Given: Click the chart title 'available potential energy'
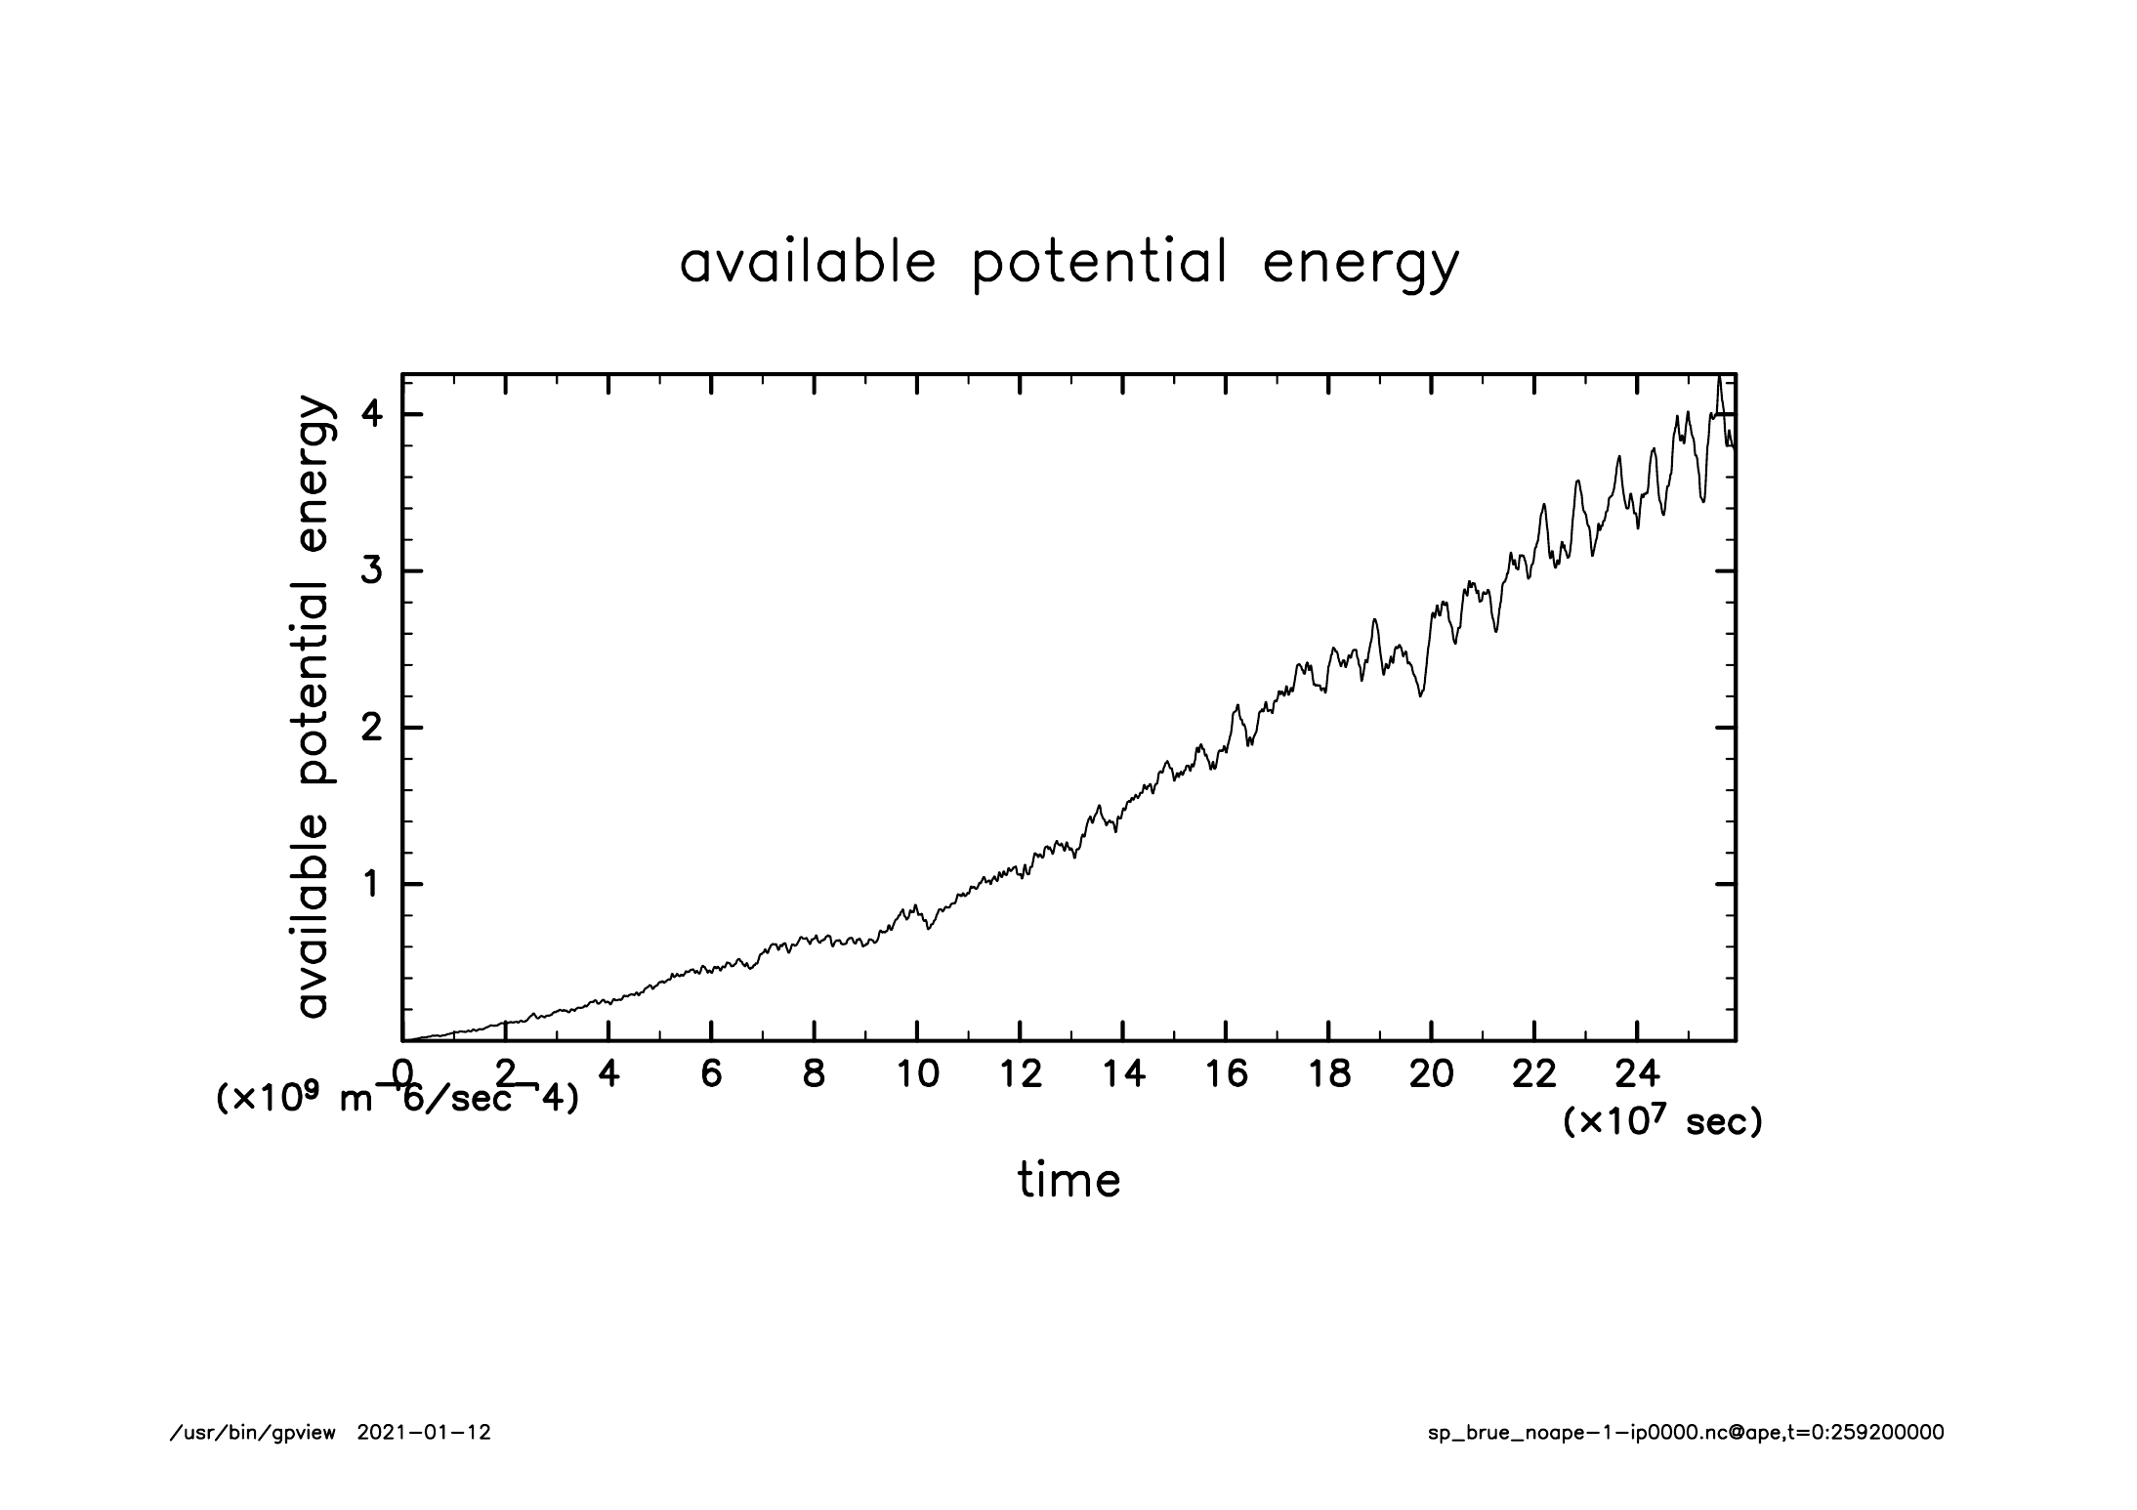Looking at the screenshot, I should (x=1068, y=264).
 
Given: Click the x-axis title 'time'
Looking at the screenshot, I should (x=1068, y=1180).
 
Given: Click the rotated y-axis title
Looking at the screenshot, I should (x=314, y=707).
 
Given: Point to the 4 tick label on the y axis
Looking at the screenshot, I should (x=370, y=414).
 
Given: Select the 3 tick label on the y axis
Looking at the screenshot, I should (x=370, y=570).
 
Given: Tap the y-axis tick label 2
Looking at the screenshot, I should (x=370, y=728).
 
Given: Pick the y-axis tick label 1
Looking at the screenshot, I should (x=370, y=884).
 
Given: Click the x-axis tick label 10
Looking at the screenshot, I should (x=917, y=1074).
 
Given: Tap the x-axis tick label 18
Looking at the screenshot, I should (x=1328, y=1074).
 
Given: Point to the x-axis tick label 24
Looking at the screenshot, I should (x=1637, y=1074).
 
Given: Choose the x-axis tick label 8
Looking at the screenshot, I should (x=814, y=1074).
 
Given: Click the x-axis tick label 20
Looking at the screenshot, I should (x=1431, y=1074).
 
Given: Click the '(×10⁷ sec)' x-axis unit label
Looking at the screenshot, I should (x=1662, y=1122).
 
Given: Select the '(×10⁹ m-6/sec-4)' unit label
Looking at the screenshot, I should (x=397, y=1099).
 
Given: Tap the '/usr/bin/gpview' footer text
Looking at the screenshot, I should (x=253, y=1433).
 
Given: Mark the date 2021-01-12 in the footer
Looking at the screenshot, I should (x=424, y=1433).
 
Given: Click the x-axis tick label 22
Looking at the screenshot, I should (x=1533, y=1074).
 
